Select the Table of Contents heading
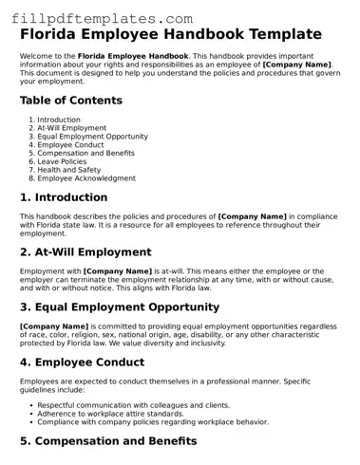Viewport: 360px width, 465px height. [x=71, y=100]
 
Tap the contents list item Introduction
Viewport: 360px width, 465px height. [x=59, y=120]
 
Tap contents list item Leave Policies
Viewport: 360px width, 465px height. [x=64, y=161]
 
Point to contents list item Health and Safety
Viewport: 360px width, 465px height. [x=69, y=170]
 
